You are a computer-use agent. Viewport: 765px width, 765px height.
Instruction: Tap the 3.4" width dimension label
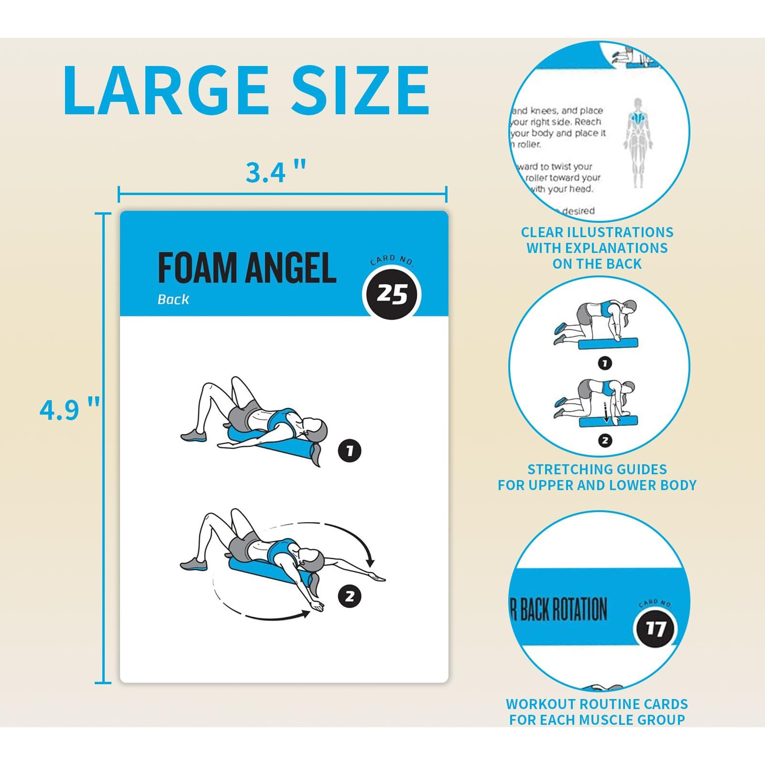click(275, 172)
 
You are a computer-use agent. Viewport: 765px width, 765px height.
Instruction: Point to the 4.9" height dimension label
click(70, 410)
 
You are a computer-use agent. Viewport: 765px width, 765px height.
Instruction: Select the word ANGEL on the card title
click(291, 268)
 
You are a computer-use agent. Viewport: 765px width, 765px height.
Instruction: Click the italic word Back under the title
click(173, 300)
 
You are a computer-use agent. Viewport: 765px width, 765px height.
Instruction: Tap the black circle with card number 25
click(392, 295)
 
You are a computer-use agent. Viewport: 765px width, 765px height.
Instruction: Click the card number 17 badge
click(655, 628)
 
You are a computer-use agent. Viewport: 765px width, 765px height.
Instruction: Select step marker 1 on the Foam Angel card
click(350, 450)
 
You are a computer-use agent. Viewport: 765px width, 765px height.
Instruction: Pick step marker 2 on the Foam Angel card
click(350, 596)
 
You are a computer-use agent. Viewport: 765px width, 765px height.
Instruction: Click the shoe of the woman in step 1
click(193, 436)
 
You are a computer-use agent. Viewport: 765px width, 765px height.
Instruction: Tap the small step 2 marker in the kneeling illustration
click(605, 440)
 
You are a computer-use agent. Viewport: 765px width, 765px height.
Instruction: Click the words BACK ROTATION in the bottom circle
click(564, 610)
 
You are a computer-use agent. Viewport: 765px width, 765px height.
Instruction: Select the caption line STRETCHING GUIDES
click(597, 469)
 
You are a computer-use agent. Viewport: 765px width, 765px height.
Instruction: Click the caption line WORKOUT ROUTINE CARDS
click(597, 704)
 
